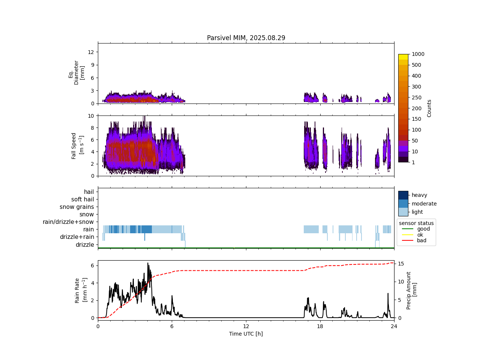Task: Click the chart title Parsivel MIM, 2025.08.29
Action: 246,38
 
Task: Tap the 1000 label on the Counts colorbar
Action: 418,54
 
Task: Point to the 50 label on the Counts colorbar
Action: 415,141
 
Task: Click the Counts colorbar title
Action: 429,108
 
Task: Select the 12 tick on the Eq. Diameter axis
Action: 90,52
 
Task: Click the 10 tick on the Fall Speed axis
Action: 90,116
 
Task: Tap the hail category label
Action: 89,192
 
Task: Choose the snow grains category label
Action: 77,207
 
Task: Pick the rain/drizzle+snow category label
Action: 68,222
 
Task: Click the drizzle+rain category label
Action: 77,237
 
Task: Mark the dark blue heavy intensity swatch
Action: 403,195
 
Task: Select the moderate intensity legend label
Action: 424,204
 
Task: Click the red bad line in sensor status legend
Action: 407,241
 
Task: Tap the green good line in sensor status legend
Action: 407,229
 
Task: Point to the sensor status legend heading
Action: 416,223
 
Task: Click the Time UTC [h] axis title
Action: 246,334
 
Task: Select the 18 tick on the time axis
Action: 320,326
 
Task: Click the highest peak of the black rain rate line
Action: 148,263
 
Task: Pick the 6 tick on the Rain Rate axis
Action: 92,265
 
